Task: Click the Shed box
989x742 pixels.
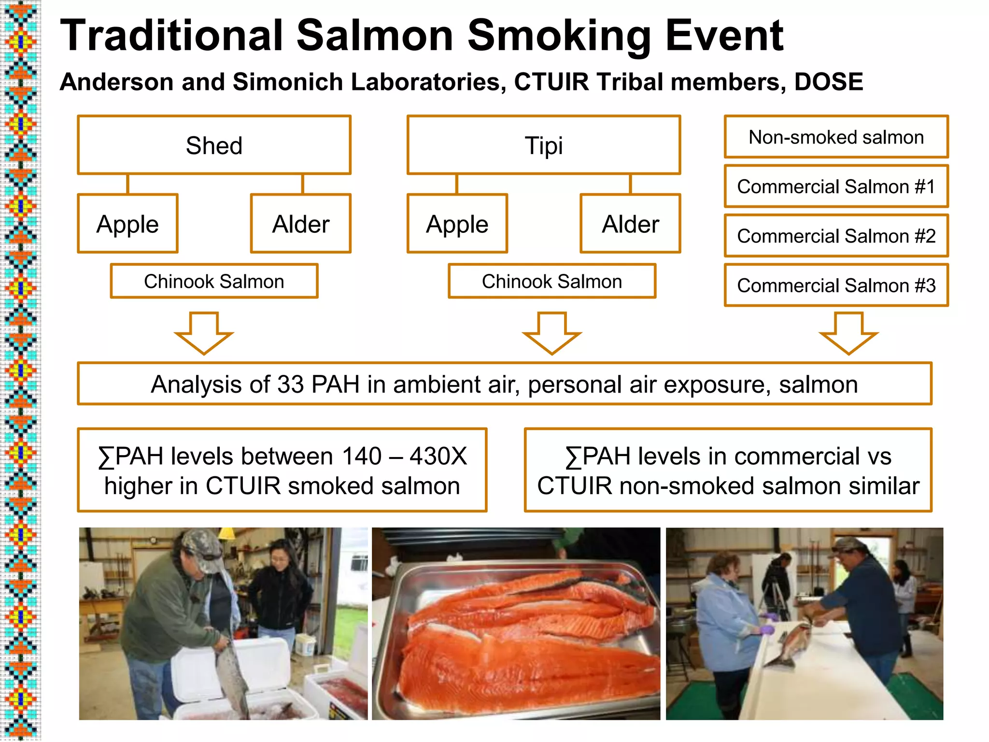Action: (x=214, y=145)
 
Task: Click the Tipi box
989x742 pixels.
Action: (x=544, y=145)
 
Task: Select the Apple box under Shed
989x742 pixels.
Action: (x=127, y=224)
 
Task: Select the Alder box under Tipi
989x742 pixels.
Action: (x=630, y=224)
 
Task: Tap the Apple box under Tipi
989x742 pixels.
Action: (x=457, y=224)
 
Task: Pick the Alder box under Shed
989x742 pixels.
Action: (x=301, y=224)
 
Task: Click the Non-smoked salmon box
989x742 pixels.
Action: (x=836, y=137)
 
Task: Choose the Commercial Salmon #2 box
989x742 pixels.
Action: (x=836, y=236)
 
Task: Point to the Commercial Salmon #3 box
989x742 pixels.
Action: (x=836, y=285)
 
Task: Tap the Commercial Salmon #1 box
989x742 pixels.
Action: (x=836, y=186)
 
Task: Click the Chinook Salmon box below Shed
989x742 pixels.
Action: (x=214, y=281)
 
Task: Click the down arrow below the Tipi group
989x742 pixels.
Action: (x=552, y=333)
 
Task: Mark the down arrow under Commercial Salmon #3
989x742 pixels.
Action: (x=848, y=333)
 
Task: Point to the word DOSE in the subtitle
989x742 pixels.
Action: (x=829, y=82)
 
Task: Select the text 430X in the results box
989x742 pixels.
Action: (x=438, y=456)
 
